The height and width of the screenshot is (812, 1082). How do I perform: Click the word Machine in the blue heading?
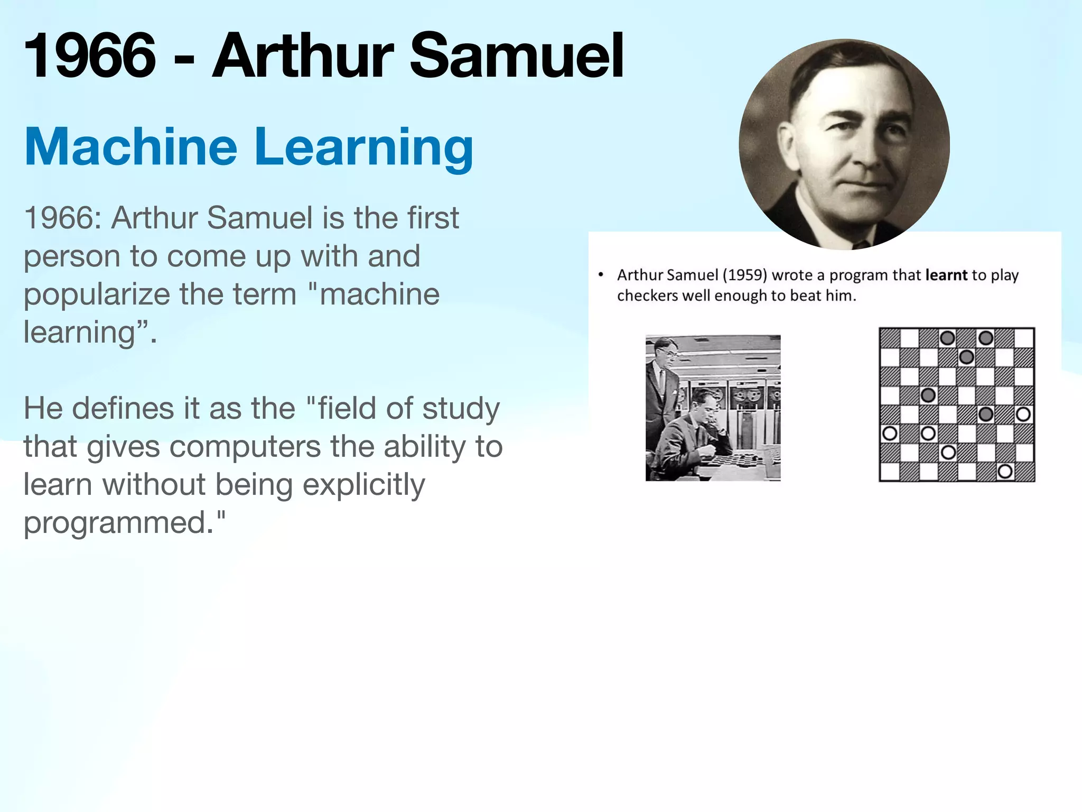130,147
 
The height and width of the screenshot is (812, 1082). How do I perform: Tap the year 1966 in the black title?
90,56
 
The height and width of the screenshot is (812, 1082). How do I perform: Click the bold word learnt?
946,275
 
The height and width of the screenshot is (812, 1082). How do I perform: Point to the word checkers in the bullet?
647,296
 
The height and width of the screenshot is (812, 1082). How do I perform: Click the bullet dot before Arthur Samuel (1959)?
601,274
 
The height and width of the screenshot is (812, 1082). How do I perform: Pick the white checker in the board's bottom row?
1005,471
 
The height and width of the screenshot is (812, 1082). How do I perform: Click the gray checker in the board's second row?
966,357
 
